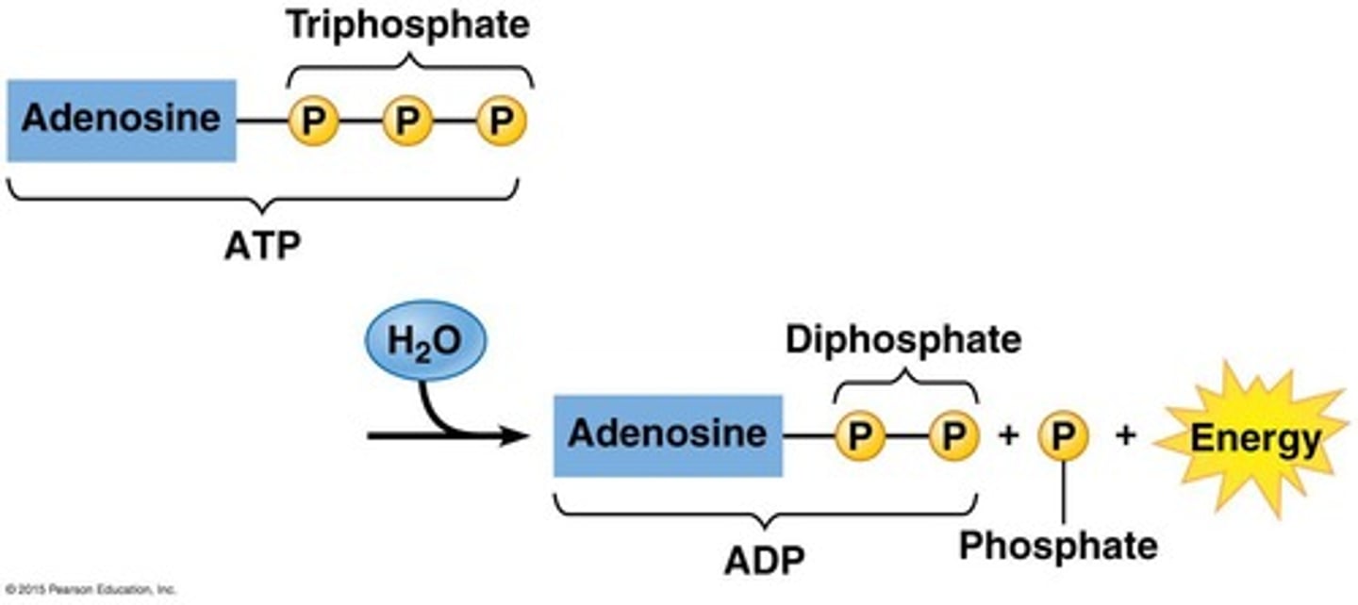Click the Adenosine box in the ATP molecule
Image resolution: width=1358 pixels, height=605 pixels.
(x=121, y=121)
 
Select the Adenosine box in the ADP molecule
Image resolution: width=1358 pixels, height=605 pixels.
(x=668, y=434)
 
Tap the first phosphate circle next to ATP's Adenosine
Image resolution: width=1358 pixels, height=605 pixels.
(x=312, y=122)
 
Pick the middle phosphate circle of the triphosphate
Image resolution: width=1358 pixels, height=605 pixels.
(x=406, y=122)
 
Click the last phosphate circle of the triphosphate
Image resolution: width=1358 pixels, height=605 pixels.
(x=500, y=122)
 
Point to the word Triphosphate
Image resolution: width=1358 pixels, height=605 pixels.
(x=407, y=25)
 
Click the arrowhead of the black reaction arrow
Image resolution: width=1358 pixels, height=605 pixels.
(x=514, y=435)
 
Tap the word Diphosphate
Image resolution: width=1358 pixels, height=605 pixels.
(x=903, y=340)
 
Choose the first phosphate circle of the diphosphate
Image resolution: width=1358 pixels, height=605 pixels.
(x=859, y=435)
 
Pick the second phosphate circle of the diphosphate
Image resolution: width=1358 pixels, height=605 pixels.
(x=953, y=435)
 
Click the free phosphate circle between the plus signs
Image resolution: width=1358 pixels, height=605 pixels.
(x=1064, y=435)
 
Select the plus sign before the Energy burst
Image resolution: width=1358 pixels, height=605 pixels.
(x=1125, y=436)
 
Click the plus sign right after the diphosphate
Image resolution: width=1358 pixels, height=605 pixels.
(x=1007, y=436)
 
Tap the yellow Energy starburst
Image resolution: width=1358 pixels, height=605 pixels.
(x=1254, y=439)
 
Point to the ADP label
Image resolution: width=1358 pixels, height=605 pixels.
(x=764, y=561)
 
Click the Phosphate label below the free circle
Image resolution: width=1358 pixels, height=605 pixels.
(x=1058, y=545)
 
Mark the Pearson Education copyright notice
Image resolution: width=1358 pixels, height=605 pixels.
(x=90, y=590)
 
